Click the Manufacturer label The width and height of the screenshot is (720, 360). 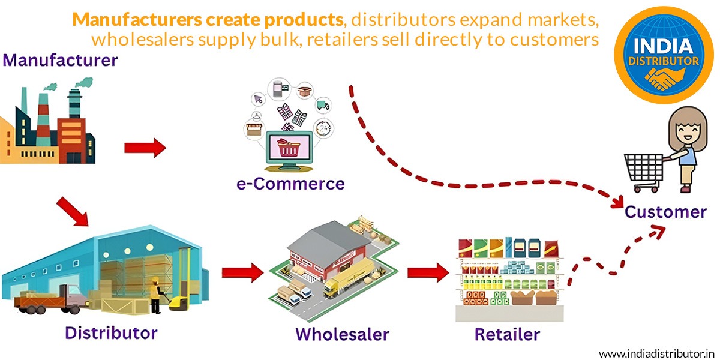(61, 60)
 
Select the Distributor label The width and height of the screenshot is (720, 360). (111, 332)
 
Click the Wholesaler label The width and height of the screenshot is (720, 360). (343, 334)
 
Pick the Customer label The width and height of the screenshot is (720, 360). (665, 212)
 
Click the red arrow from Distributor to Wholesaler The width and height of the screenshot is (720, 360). (242, 274)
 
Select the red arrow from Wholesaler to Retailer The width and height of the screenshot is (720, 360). (428, 274)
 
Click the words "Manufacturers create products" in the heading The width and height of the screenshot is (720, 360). (208, 19)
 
